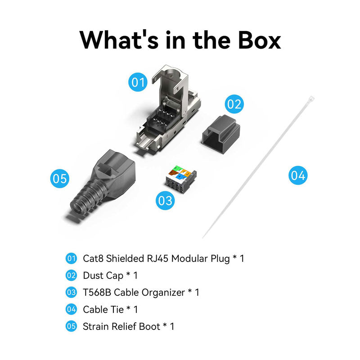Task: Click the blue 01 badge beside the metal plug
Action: coord(138,82)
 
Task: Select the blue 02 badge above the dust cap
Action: coord(234,104)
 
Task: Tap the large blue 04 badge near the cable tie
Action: coord(298,175)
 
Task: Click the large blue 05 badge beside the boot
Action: coord(59,179)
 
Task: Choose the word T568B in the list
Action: coord(97,292)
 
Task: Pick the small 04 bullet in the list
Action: coord(71,310)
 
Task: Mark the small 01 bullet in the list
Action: coord(71,258)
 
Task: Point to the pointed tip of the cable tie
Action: coord(203,237)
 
